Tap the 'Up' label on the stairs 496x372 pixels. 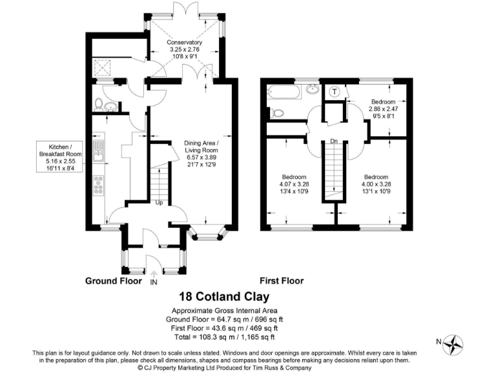coord(159,203)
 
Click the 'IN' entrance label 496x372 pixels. coord(153,283)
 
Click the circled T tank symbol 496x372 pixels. coord(335,92)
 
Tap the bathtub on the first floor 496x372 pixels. coord(283,92)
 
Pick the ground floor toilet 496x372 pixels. coord(98,103)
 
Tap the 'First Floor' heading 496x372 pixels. coord(282,281)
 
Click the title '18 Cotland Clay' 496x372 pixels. coord(223,297)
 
